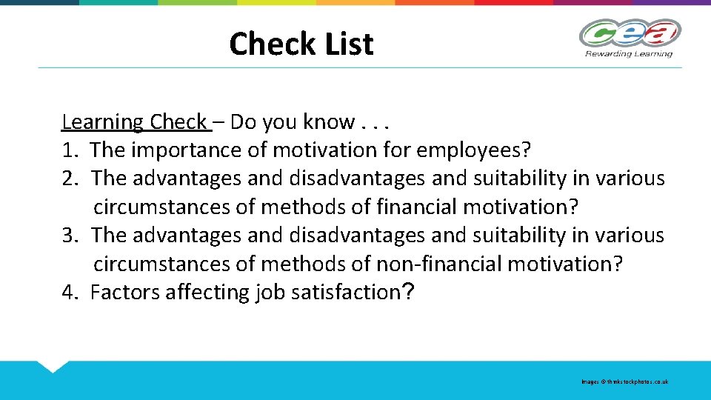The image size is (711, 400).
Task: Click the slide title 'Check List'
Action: (301, 44)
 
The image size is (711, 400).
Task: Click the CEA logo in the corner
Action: (630, 33)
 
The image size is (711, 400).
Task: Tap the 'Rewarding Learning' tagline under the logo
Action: (629, 53)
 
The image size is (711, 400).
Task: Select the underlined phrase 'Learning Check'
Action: (134, 121)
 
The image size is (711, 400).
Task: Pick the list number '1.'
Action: (70, 150)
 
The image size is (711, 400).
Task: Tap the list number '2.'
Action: (70, 179)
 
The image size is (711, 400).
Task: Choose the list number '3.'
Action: (70, 236)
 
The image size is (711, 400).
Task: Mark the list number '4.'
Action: (70, 293)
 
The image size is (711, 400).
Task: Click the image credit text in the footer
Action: (624, 381)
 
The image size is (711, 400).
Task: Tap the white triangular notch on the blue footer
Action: (51, 366)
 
